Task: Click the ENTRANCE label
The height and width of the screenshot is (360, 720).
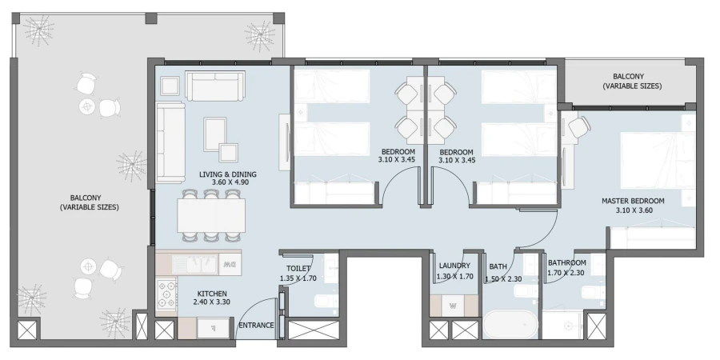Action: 257,326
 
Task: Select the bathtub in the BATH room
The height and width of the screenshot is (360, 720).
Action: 510,327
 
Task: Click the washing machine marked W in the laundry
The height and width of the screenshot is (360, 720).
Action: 454,306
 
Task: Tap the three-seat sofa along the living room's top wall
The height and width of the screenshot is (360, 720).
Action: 214,84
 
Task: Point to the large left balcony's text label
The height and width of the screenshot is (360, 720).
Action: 89,202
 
